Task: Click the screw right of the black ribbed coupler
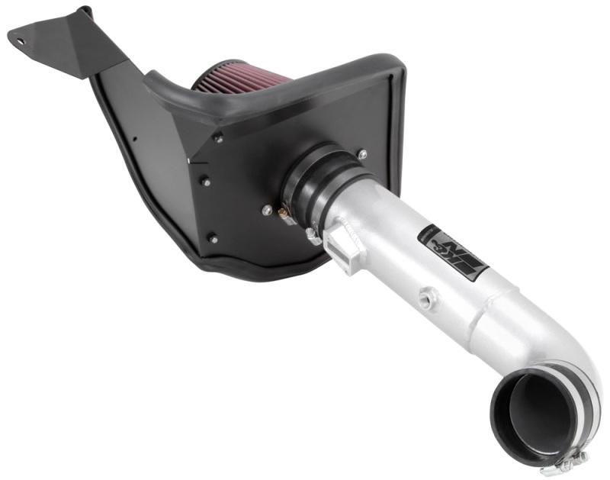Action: point(361,154)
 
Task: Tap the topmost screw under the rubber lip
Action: point(218,137)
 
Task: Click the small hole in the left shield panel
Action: point(135,139)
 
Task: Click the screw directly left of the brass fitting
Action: point(267,210)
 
